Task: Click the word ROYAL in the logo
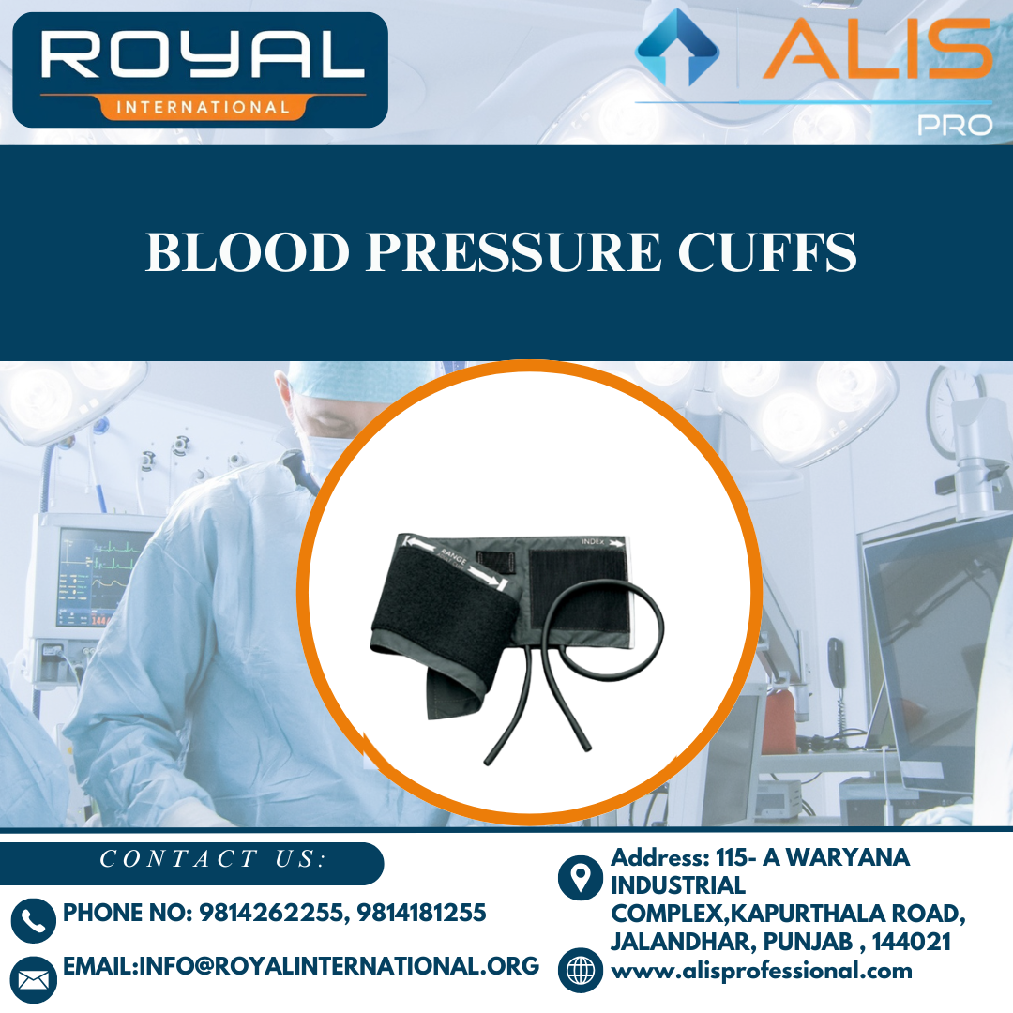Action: point(201,55)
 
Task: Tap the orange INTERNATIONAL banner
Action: point(202,107)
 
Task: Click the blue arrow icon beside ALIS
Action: point(677,48)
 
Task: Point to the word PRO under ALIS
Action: point(954,125)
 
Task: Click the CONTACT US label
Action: point(212,859)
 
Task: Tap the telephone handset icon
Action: point(34,920)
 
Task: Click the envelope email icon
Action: point(34,979)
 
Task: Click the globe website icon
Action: point(581,970)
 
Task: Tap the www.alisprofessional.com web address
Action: point(762,971)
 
